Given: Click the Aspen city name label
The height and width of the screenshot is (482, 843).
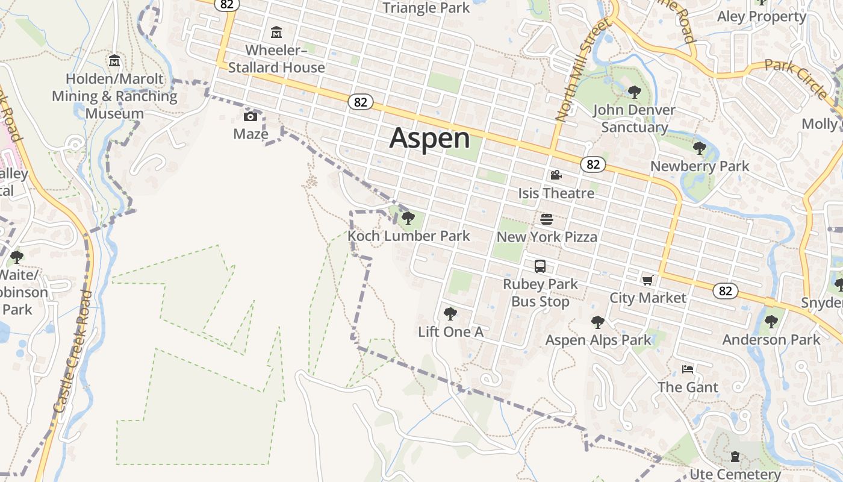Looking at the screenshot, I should pos(429,138).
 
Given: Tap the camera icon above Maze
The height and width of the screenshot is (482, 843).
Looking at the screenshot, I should pos(250,116).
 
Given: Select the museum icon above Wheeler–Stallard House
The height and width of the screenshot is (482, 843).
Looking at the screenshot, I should pos(276,32).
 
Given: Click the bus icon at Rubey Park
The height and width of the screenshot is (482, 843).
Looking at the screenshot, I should pos(540,266).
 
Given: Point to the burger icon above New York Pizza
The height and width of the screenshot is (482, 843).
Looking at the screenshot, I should pos(547,219).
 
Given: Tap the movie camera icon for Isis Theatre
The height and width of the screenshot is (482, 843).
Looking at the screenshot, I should pos(556,175).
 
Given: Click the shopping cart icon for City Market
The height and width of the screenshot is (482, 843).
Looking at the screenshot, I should pos(648,280).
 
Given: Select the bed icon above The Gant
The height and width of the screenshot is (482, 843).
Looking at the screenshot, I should pos(688,369).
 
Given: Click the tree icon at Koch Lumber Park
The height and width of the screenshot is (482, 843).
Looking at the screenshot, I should pos(408,218).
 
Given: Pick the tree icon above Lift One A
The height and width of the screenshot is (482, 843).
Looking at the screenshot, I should pos(450,313).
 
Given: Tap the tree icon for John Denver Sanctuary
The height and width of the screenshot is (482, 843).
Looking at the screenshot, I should pos(634,92).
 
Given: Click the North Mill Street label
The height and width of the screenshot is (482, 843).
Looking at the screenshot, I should pos(582,69).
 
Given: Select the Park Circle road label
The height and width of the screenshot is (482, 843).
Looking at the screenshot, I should pos(795,78).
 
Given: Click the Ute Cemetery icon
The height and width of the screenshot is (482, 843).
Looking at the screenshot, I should pos(735,457).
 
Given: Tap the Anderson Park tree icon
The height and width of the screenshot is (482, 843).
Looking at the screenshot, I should pos(771,322).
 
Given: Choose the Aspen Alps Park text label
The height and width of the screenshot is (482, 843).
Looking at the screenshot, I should pos(598,340).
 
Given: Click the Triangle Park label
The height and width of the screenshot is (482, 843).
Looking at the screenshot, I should pos(426,8).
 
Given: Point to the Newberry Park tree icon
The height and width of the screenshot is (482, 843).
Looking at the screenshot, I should pos(699,148).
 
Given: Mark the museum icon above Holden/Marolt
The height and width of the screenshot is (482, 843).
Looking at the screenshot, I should pos(114,61).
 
